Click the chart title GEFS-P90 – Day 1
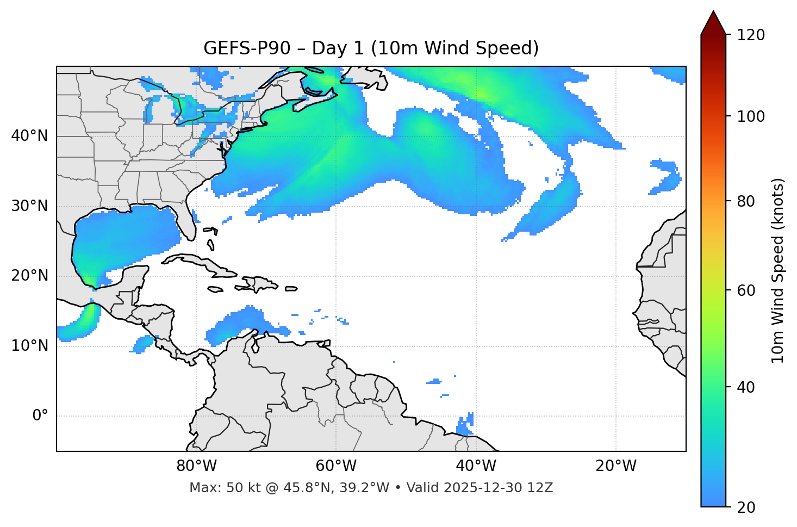point(371,48)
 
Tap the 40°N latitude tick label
point(29,136)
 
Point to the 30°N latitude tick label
point(29,206)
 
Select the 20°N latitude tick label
point(29,276)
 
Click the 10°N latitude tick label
point(29,346)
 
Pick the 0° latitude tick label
point(40,416)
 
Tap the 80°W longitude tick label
point(196,466)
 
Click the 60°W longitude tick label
point(336,466)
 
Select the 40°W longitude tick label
point(476,466)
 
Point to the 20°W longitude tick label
point(615,466)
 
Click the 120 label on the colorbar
point(751,35)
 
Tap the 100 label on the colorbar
point(751,116)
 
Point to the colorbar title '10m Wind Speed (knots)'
point(778,270)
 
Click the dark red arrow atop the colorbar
point(713,23)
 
